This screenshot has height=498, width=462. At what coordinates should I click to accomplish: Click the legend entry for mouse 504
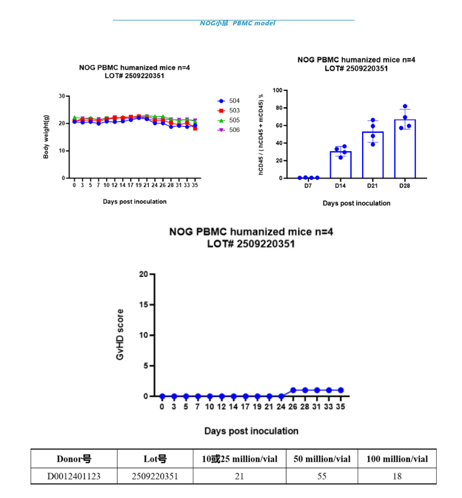pos(228,101)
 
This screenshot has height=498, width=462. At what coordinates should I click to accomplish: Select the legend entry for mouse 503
pos(228,111)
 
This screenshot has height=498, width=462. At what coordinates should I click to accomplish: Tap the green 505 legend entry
pos(228,120)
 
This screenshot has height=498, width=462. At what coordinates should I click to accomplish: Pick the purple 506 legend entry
pos(228,130)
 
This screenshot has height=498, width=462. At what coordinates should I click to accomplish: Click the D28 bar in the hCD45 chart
pos(405,149)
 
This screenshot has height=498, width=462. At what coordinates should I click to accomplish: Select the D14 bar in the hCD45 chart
pos(341,165)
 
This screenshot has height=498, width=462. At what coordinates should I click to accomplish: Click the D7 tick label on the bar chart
pos(308,186)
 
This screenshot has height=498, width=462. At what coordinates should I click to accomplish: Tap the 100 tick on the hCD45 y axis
pos(278,90)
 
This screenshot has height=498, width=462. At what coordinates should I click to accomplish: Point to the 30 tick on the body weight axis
pos(62,96)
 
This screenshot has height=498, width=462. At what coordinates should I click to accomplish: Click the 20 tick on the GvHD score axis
pos(143,274)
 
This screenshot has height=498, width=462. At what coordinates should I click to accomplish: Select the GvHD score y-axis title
pos(120,335)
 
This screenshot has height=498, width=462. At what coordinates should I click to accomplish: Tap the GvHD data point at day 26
pos(293,390)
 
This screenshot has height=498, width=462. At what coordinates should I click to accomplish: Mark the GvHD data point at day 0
pos(162,396)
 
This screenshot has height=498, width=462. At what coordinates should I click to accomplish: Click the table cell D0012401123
pos(74,476)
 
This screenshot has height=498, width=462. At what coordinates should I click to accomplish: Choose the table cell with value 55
pos(322,476)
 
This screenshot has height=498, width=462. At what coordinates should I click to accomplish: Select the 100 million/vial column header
pos(397,459)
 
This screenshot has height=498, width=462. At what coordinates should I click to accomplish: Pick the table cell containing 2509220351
pos(155,476)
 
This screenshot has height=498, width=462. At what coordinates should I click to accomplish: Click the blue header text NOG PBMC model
pos(237,23)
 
